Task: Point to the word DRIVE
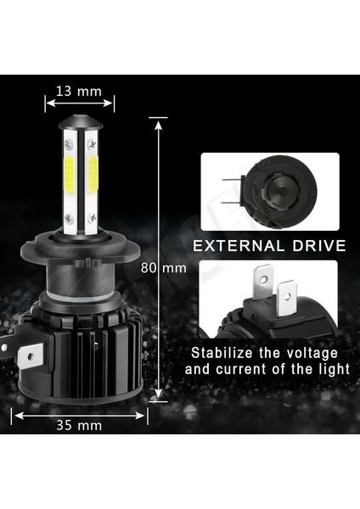coord(319,247)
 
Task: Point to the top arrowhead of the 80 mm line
coord(158,121)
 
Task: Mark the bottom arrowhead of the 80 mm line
coord(158,396)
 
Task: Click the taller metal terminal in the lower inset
coord(263,284)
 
